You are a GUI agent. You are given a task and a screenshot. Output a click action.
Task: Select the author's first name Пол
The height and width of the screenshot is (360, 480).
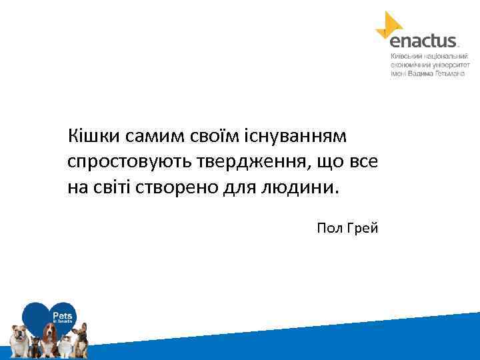pyautogui.click(x=329, y=229)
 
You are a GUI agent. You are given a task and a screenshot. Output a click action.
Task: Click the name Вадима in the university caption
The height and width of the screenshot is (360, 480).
pyautogui.click(x=422, y=73)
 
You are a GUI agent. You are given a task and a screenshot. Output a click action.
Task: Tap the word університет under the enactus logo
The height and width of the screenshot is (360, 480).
pyautogui.click(x=450, y=65)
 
